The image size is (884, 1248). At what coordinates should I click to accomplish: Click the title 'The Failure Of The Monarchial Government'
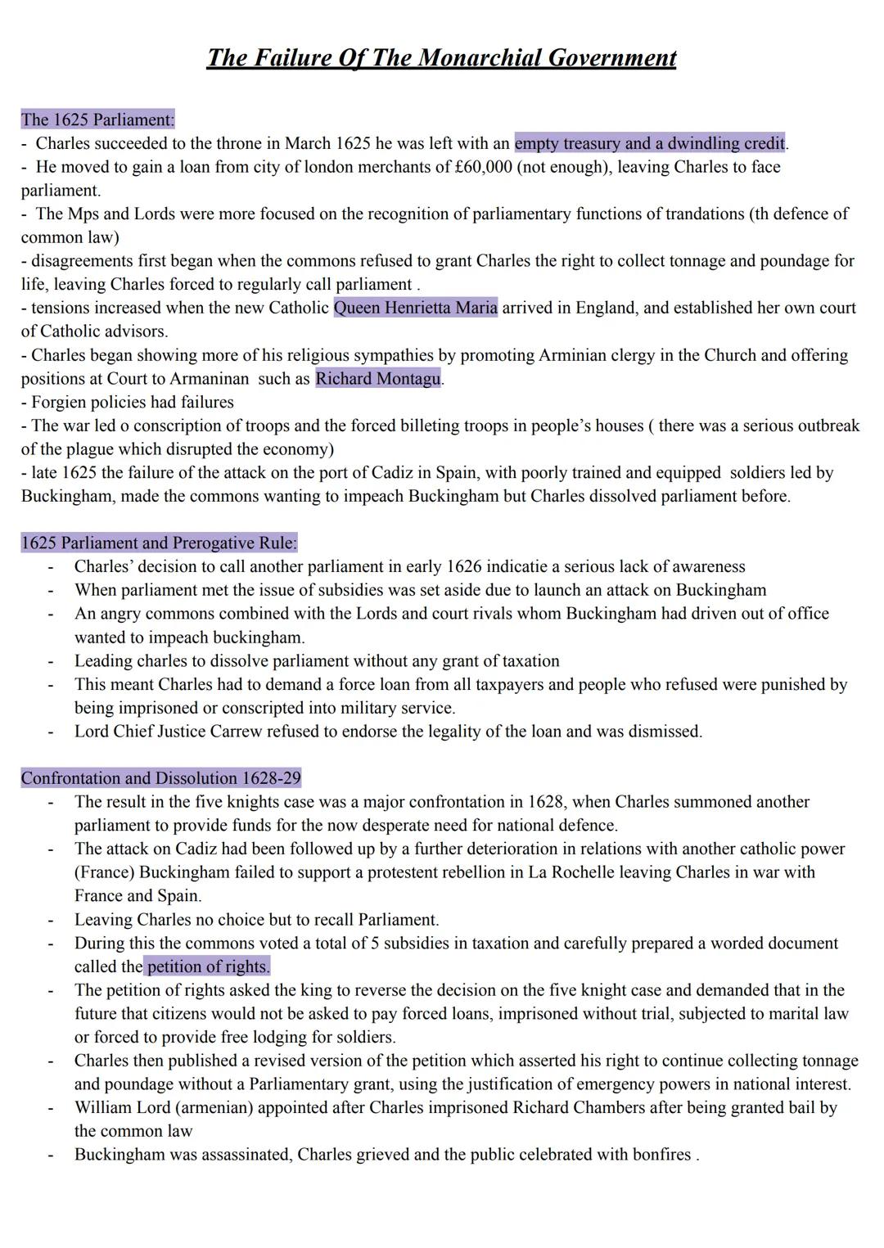coord(441,58)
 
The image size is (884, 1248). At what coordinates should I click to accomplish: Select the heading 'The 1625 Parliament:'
coord(97,119)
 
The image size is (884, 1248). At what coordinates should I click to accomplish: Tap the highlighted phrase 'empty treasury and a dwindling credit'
coord(649,143)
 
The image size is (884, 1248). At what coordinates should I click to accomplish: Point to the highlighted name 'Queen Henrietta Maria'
coord(415,308)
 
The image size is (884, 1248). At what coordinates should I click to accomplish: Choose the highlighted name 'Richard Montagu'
coord(378,379)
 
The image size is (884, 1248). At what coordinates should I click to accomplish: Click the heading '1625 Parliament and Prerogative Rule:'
coord(159,543)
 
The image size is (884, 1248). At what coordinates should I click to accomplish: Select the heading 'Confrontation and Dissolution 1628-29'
coord(160,778)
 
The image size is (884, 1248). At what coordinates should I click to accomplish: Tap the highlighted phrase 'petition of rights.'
coord(208,966)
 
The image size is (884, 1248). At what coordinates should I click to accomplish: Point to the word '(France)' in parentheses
coord(104,872)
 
